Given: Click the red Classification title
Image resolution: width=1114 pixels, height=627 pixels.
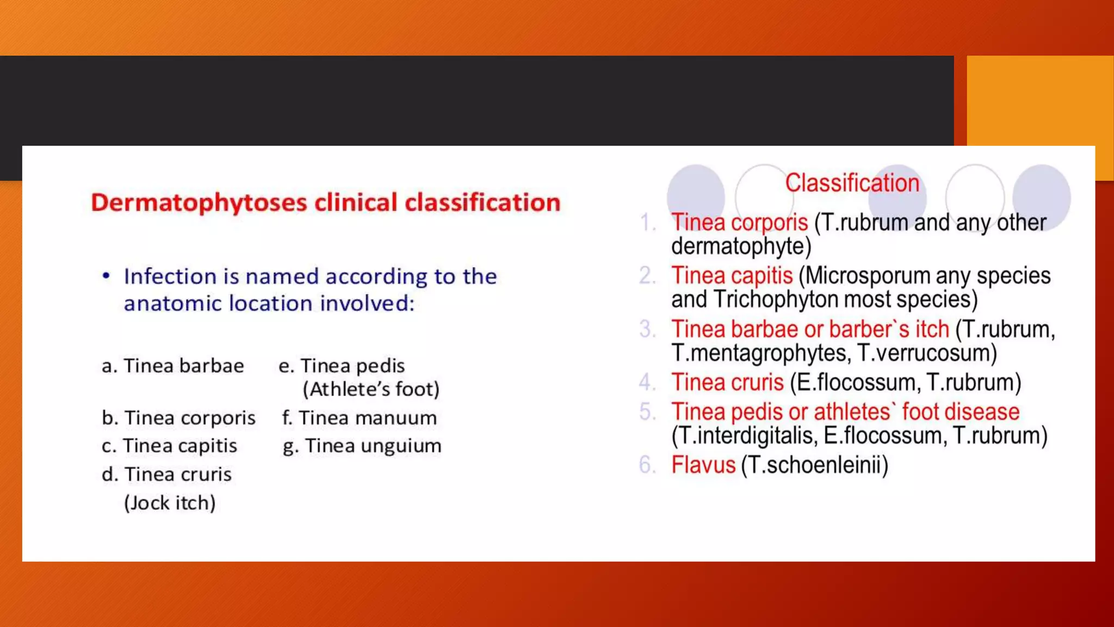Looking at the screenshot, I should click(852, 183).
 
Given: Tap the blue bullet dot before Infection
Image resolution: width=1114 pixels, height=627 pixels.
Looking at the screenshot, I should click(106, 276).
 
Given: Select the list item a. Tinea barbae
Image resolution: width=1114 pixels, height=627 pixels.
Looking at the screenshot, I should click(173, 366).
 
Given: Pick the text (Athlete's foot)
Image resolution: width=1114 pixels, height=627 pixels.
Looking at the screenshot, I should click(371, 389).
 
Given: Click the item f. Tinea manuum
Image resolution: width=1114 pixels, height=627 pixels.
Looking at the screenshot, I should click(359, 418).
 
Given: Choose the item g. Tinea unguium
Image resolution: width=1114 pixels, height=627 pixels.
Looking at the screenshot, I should click(362, 446).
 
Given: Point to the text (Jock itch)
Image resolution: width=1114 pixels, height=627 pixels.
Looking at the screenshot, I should click(170, 503).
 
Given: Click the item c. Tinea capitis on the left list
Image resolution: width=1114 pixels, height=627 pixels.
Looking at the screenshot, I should click(169, 446).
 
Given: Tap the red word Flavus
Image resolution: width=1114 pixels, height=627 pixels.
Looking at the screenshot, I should click(703, 465).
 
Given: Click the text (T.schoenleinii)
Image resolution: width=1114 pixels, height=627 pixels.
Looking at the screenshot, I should click(814, 465).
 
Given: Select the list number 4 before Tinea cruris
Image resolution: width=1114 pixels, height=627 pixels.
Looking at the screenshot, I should click(647, 383).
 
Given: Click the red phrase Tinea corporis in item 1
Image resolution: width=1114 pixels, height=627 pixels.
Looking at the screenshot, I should click(739, 223).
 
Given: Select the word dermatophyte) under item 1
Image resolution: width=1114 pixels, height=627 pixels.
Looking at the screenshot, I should click(741, 247).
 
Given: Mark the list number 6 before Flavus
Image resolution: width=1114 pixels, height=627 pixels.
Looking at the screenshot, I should click(647, 465).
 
